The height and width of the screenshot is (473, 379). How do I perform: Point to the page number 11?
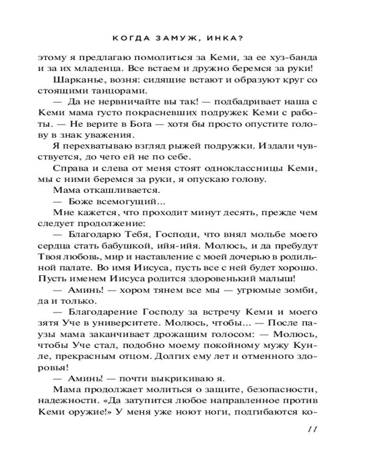click(x=311, y=429)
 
